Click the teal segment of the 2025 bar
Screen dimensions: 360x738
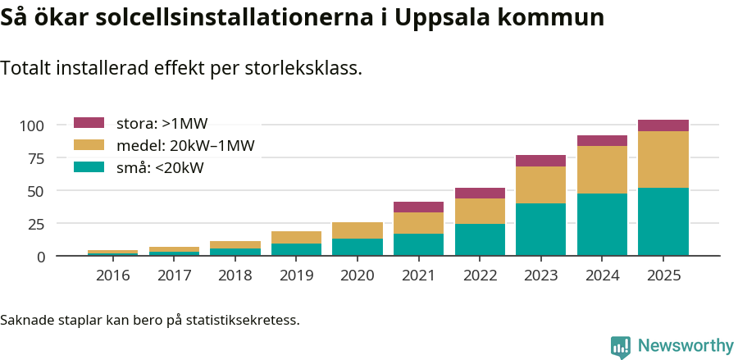[663, 221]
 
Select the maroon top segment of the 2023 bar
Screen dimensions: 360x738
[540, 161]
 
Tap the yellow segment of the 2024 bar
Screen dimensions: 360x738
[602, 170]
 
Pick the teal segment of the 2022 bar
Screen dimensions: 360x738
[480, 239]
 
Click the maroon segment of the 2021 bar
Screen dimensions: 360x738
[418, 207]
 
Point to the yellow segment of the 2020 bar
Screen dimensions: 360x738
[357, 230]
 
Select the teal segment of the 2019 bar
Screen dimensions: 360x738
[296, 249]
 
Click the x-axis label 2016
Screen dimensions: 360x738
[112, 276]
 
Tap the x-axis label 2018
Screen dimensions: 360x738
[235, 276]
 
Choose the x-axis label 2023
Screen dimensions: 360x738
[540, 276]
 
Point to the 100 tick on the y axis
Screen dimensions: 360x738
[32, 125]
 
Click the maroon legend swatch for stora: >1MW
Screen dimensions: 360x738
[89, 123]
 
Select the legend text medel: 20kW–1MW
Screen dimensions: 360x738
[185, 146]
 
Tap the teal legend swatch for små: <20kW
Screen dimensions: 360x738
[89, 167]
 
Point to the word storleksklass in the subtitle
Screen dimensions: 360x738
[303, 68]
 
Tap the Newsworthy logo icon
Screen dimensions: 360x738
[621, 346]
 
